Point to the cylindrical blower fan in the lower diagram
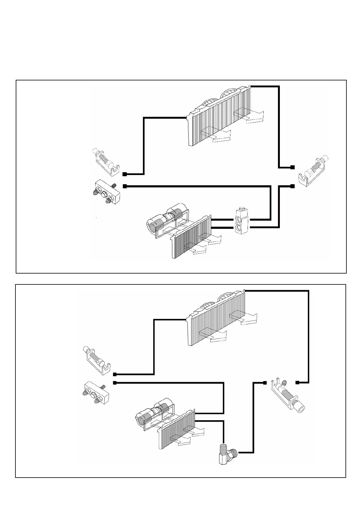pyautogui.click(x=154, y=412)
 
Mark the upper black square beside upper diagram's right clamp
pyautogui.click(x=292, y=167)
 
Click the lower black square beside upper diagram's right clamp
pyautogui.click(x=292, y=186)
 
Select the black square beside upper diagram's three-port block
pyautogui.click(x=125, y=186)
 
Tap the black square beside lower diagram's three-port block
pyautogui.click(x=115, y=383)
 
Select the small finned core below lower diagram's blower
pyautogui.click(x=177, y=433)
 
